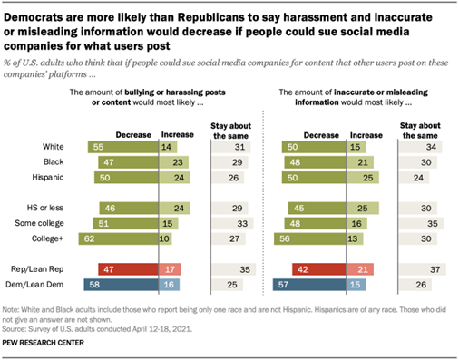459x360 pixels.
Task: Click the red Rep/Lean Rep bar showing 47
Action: click(x=110, y=269)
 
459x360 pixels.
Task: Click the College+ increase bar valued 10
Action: click(x=167, y=239)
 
